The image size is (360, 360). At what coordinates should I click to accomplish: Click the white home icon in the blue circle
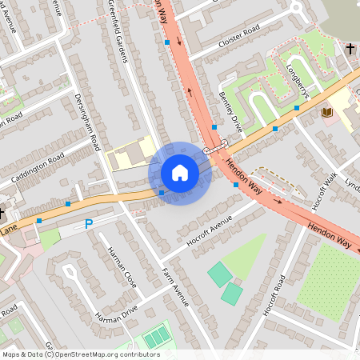[180, 173]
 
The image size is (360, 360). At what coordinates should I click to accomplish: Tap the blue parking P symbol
[89, 224]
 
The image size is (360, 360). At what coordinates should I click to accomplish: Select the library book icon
[326, 112]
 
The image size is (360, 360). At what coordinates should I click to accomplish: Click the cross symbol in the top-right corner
[350, 50]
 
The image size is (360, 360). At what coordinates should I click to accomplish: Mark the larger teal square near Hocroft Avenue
[220, 274]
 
